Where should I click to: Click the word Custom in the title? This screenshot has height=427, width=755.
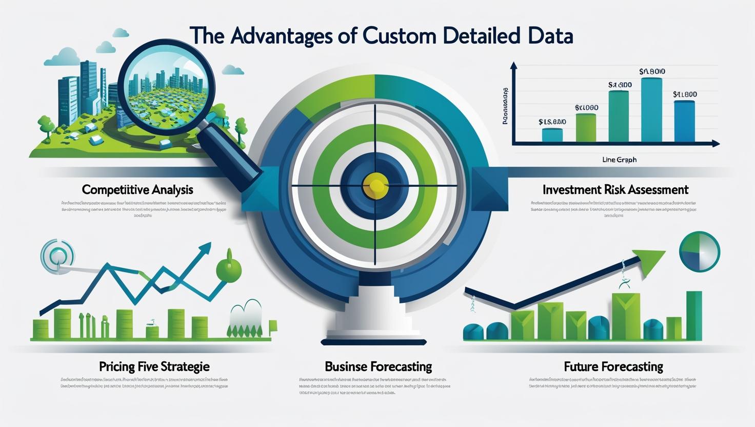[x=405, y=36]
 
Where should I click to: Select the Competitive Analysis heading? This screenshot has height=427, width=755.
[x=137, y=189]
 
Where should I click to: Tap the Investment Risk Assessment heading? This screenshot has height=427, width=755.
[x=615, y=189]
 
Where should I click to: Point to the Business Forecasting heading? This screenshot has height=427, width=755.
[x=378, y=366]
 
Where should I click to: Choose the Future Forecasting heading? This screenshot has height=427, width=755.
[x=613, y=366]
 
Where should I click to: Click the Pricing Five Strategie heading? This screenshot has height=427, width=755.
[x=154, y=366]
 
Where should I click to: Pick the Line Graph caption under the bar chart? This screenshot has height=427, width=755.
[x=619, y=160]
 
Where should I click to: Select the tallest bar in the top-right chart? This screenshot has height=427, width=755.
[x=651, y=109]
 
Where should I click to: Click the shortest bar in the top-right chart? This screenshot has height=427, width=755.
[x=552, y=134]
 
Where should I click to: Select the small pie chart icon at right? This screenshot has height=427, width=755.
[x=699, y=251]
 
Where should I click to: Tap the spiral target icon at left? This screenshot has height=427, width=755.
[x=57, y=255]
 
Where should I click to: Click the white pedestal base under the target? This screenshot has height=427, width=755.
[x=374, y=313]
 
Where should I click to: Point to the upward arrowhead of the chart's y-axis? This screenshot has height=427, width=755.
[x=513, y=66]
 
